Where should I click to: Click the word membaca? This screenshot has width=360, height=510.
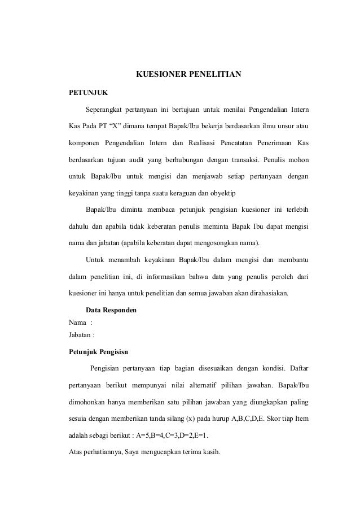tap(160, 210)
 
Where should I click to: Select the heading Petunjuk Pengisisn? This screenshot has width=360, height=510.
tap(98, 351)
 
